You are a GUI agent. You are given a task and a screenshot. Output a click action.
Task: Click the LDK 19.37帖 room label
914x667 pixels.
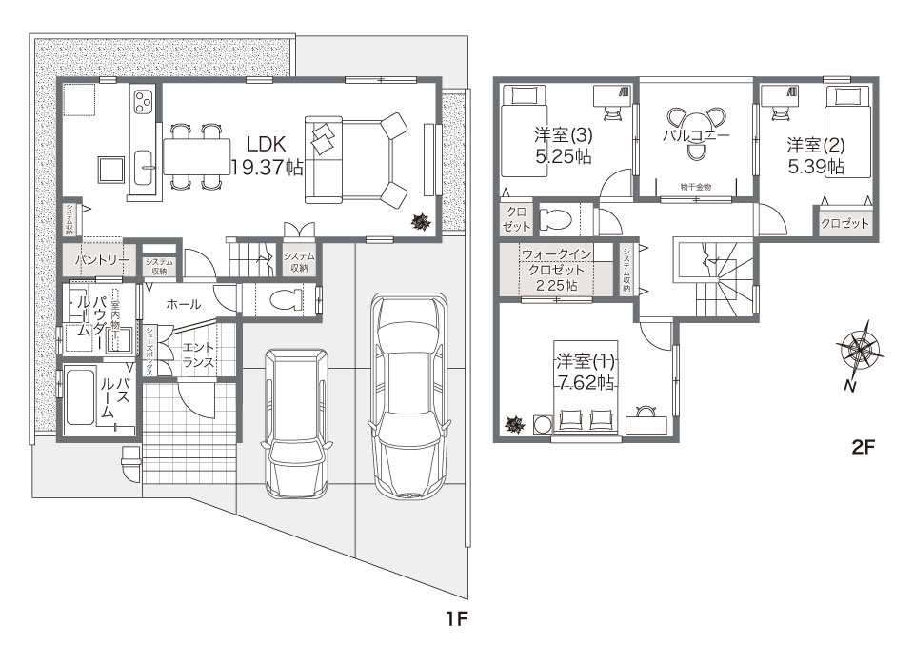(x=268, y=155)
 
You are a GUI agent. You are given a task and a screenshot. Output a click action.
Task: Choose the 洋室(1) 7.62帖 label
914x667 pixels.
(x=586, y=372)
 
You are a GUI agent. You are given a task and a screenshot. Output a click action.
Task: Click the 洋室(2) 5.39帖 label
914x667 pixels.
(x=816, y=155)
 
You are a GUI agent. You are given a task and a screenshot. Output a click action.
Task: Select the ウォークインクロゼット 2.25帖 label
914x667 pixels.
(x=557, y=270)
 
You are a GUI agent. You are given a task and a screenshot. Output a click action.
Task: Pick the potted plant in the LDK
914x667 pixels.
(x=420, y=222)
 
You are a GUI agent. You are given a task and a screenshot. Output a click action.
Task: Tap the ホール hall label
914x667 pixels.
(x=183, y=304)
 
